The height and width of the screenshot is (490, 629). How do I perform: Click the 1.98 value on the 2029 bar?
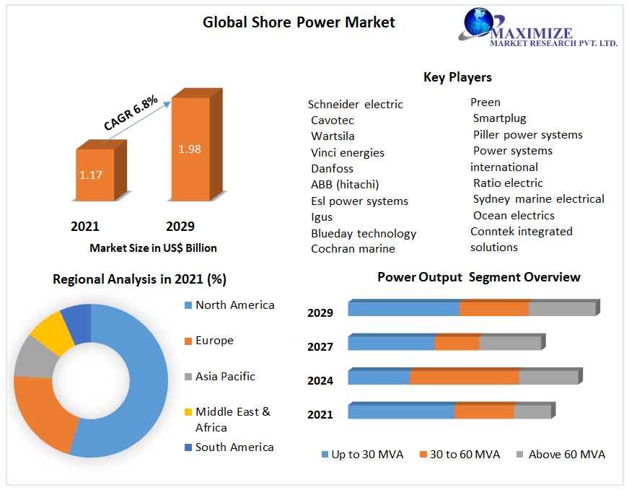point(190,149)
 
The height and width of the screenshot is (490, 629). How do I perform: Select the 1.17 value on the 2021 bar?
point(91,175)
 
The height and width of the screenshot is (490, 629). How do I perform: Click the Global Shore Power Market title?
point(299,22)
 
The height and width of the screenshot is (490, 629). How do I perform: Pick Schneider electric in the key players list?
point(356,105)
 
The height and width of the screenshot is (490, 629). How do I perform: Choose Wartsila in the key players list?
point(333,136)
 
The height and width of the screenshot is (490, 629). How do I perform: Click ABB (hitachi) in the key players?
point(345,185)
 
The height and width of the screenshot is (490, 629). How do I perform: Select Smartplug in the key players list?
point(499,118)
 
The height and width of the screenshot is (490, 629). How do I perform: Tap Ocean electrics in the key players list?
point(514,216)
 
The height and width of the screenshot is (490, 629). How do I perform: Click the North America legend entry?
point(234,305)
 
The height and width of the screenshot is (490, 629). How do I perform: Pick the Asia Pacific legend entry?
point(225,377)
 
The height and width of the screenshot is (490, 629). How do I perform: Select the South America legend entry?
point(234,447)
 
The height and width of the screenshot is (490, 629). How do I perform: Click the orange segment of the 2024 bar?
point(464,377)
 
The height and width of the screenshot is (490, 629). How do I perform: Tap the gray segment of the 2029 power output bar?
point(562,308)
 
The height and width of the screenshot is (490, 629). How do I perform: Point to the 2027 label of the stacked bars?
point(320,347)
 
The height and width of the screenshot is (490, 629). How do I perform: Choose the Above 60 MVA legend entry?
point(566,455)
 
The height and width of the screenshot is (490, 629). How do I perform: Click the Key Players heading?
point(457,77)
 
